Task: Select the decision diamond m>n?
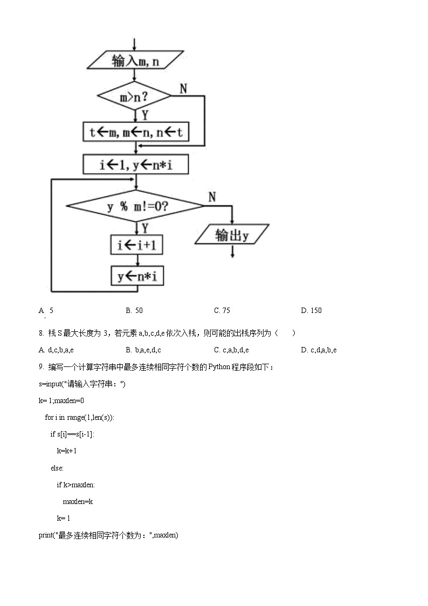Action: point(134,97)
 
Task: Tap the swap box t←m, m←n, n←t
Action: point(136,132)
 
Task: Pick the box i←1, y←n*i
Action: point(136,165)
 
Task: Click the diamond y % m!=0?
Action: point(135,206)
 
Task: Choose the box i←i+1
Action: point(137,245)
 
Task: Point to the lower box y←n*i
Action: point(137,277)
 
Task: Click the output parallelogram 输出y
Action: point(232,235)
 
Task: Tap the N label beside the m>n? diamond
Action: point(183,88)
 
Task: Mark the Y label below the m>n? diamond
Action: point(145,114)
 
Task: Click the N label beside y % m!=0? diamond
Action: point(212,197)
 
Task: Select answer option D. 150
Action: point(311,310)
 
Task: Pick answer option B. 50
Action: point(134,310)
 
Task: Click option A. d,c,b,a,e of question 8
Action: point(56,350)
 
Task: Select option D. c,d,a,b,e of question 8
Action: point(319,350)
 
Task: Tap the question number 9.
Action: point(41,367)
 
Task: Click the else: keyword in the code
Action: point(57,468)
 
